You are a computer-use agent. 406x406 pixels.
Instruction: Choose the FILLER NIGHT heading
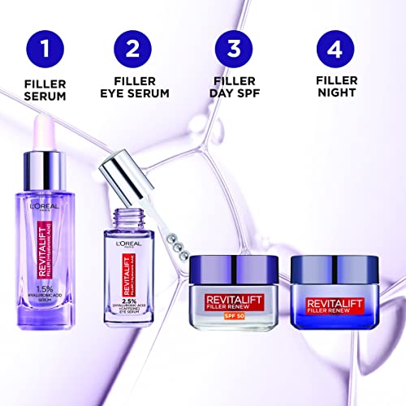pos(336,89)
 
